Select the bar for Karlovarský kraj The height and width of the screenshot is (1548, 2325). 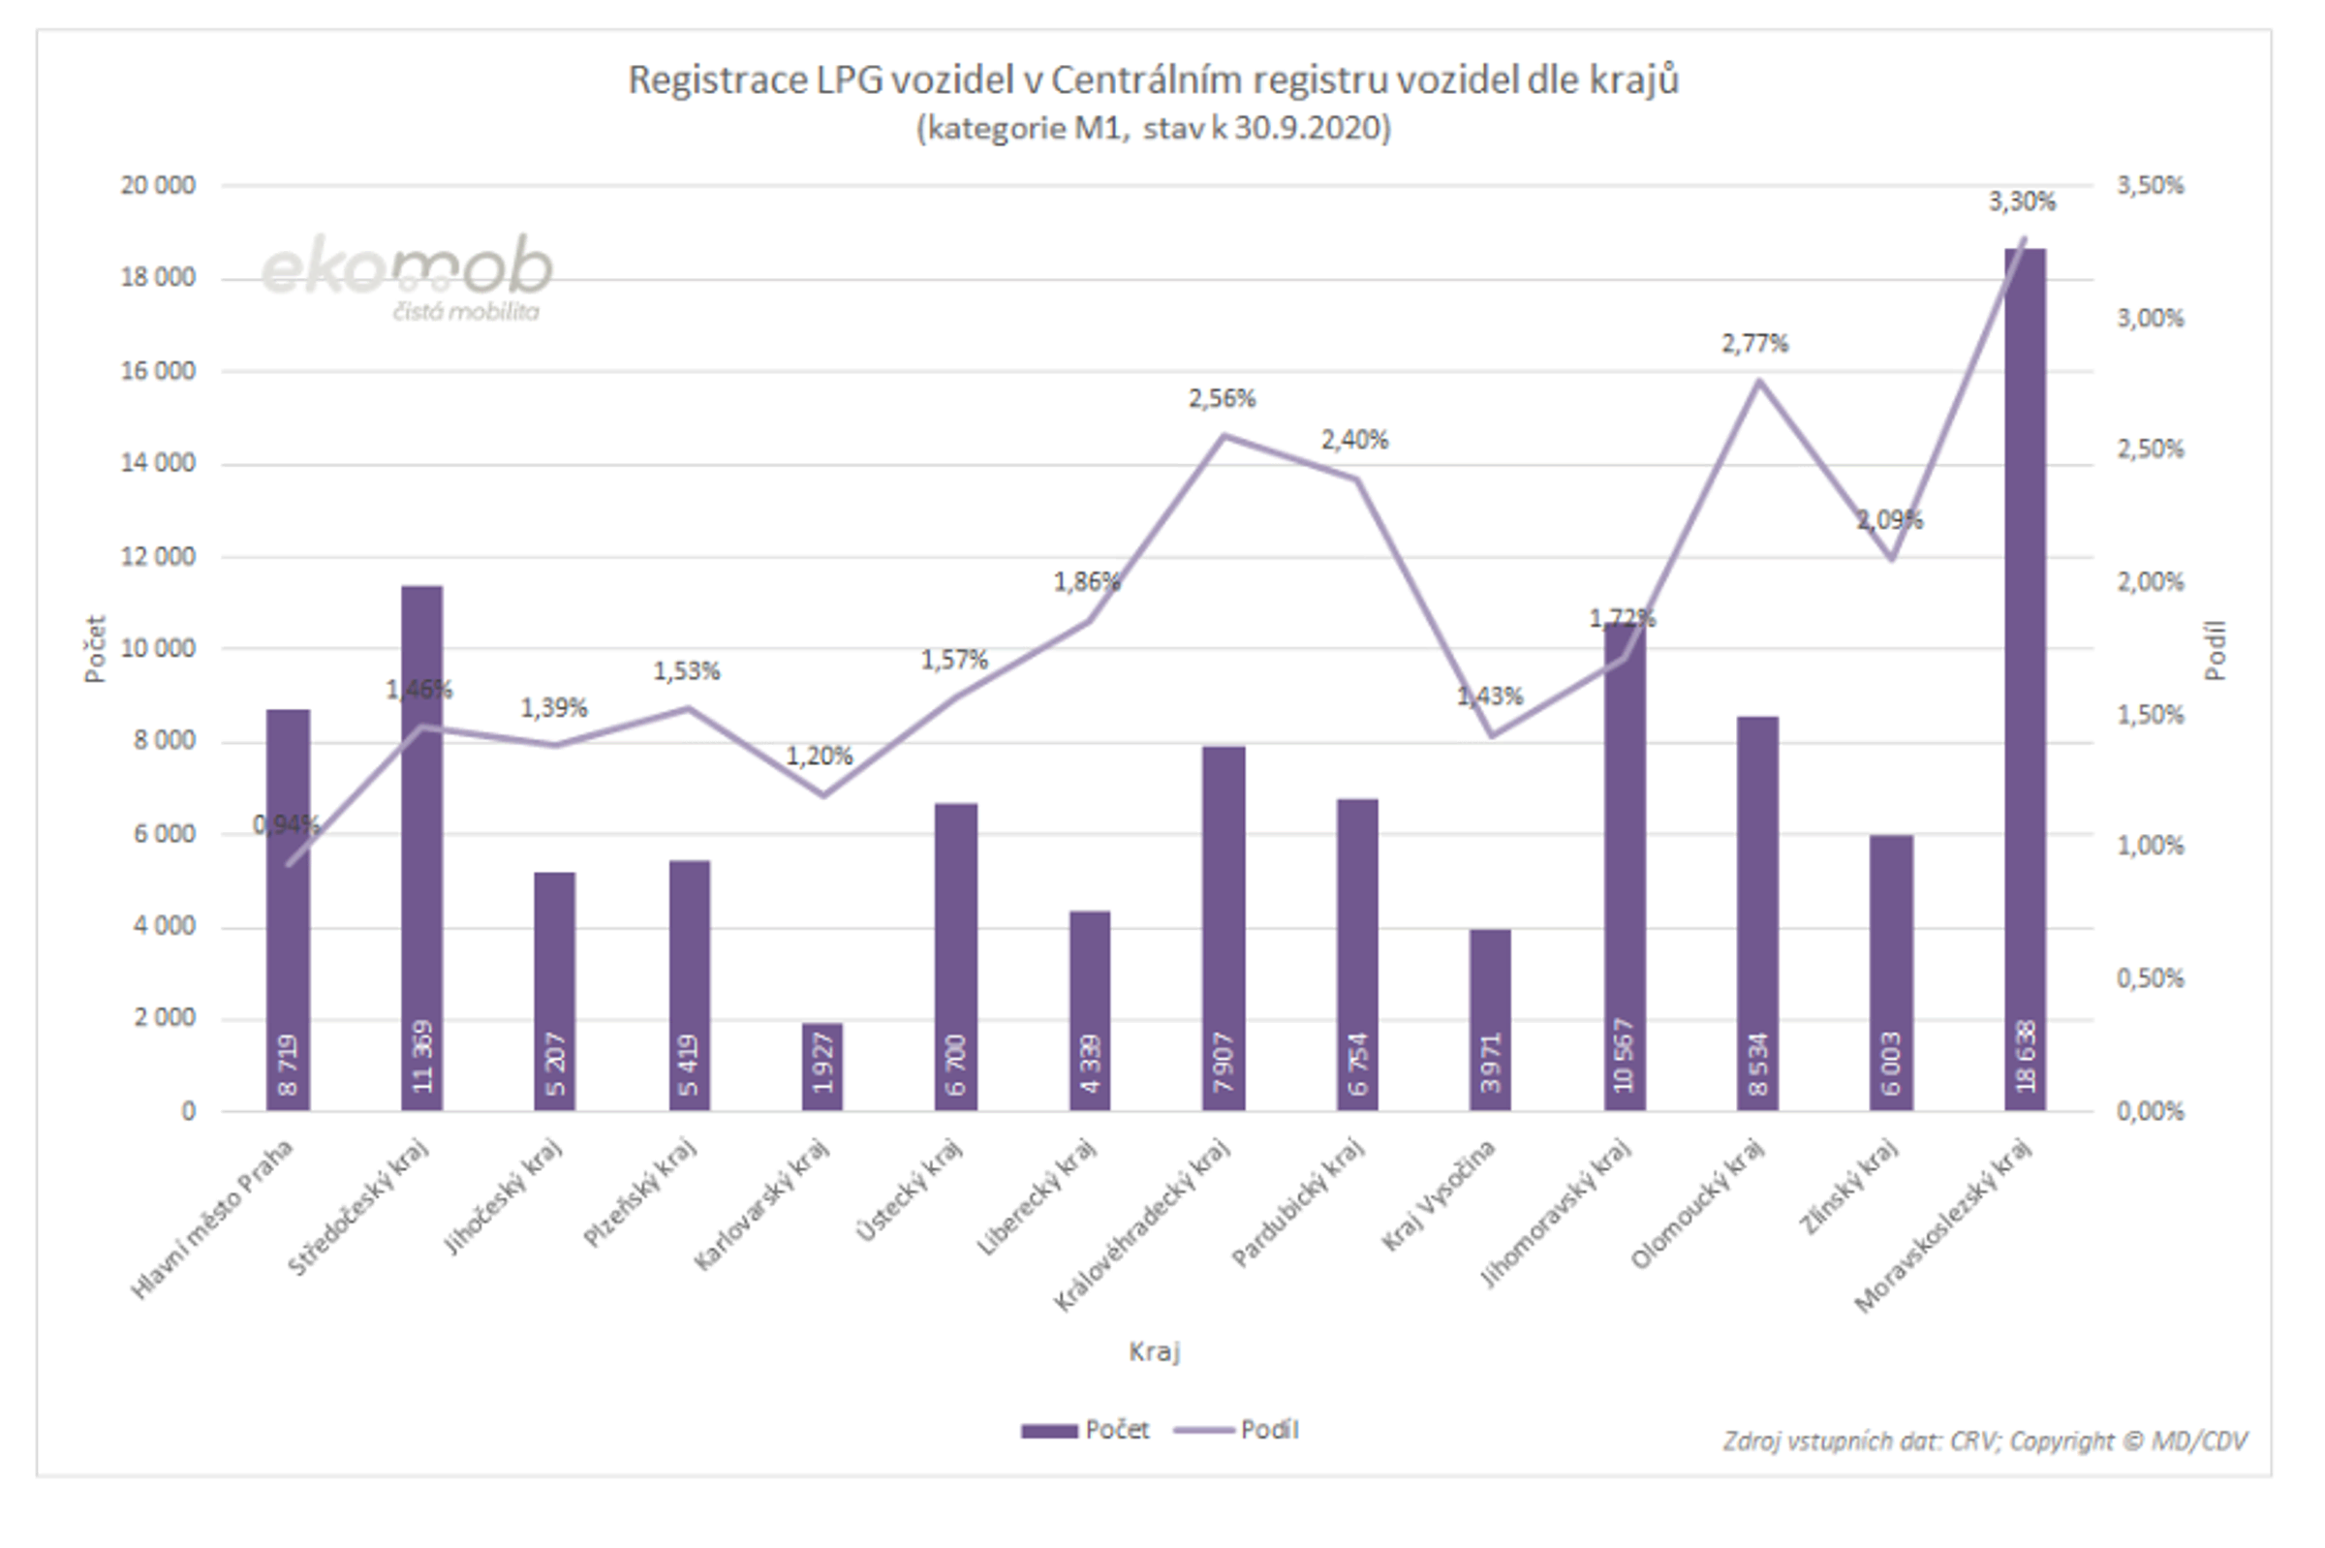(822, 1067)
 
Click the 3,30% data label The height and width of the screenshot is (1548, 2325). (2021, 202)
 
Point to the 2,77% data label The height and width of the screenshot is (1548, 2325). (1754, 344)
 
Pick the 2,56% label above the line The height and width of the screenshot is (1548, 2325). (1222, 399)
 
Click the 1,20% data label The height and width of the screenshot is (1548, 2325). (819, 757)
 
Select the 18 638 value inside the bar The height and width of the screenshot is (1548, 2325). (2025, 1055)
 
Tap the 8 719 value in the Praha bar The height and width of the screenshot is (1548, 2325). (288, 1065)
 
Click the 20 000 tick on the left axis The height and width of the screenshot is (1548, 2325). (158, 186)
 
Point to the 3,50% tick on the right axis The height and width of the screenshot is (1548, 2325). (2150, 186)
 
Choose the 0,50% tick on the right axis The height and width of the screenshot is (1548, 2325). (2150, 978)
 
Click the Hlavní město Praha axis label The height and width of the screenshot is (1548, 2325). (212, 1220)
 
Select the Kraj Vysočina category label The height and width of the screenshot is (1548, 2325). (1438, 1195)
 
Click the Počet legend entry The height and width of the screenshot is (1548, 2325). (1086, 1430)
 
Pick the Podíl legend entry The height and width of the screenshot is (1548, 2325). (1238, 1430)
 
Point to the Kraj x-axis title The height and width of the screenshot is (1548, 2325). (1154, 1351)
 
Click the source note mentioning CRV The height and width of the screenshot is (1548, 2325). (1984, 1441)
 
